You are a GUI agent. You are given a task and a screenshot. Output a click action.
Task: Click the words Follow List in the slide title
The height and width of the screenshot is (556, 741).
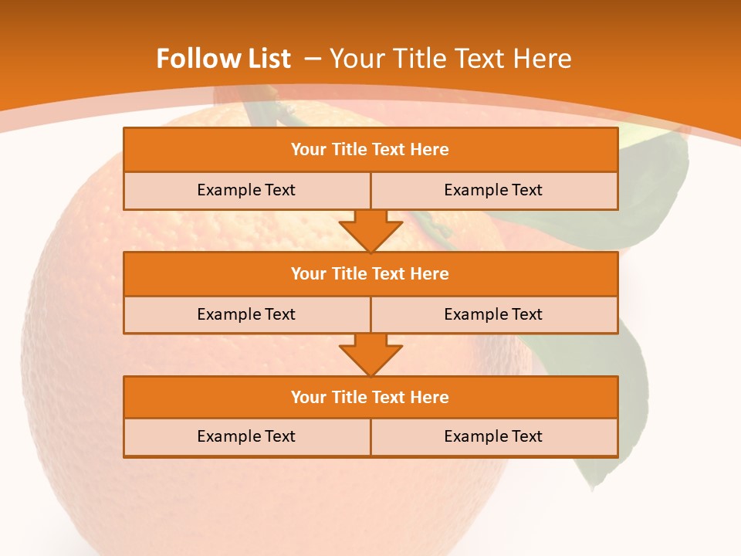pos(223,59)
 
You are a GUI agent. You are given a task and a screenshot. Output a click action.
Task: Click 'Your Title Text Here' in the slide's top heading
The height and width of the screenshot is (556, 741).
pos(451,59)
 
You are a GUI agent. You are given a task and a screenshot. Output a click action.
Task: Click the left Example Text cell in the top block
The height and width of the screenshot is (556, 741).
pos(246,191)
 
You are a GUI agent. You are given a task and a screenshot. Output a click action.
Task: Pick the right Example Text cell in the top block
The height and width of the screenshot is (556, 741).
pos(493,191)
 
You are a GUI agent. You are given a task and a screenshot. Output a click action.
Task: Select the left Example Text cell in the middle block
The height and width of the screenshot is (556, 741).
pos(246,315)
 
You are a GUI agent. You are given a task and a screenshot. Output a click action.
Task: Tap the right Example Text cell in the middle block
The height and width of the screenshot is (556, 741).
pos(493,315)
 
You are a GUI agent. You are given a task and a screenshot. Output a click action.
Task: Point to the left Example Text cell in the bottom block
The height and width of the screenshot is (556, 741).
pos(246,437)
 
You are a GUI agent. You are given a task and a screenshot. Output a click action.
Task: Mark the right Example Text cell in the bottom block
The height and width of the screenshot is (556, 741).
pos(493,437)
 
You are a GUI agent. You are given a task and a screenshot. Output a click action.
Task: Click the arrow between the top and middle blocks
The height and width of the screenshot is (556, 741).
pos(370,231)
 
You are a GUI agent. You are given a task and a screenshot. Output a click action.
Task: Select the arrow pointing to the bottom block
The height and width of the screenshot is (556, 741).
pos(370,354)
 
